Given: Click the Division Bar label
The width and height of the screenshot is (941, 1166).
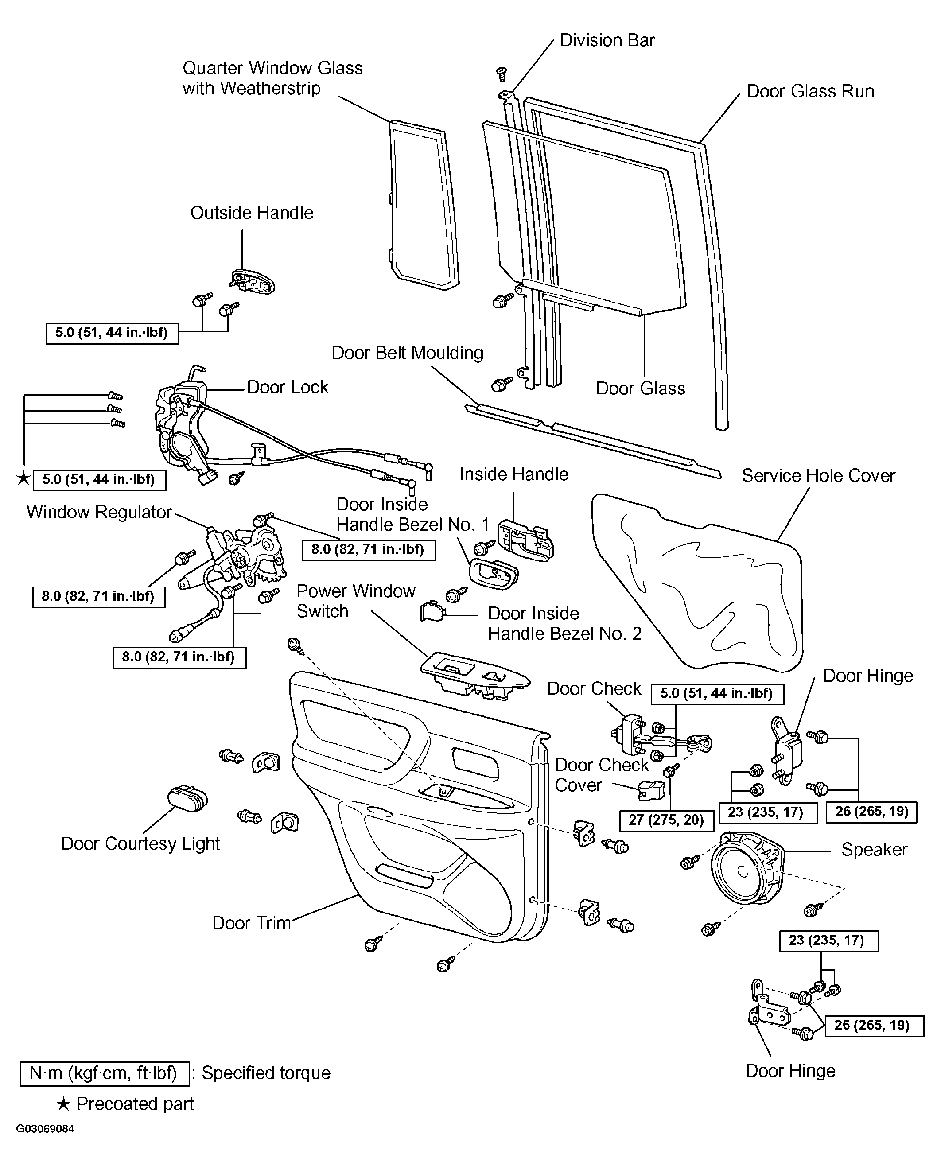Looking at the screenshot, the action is coord(607,40).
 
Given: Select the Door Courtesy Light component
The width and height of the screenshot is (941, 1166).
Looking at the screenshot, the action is coord(187,798).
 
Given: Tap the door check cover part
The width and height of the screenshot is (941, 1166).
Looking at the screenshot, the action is coord(651,790).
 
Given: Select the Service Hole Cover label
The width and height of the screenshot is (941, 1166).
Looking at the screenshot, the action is coord(818,475).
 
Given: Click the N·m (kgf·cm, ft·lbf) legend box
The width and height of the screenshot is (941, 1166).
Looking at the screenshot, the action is coord(105,1073).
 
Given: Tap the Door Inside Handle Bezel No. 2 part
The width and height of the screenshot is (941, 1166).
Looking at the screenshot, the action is coord(432,611).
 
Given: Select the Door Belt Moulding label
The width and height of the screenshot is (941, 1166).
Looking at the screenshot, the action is coord(407,353).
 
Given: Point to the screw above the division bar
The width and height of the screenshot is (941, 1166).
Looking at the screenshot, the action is coord(502,74).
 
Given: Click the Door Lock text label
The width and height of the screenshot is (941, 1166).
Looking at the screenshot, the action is coord(287,387).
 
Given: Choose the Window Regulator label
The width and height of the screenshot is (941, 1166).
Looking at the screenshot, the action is coord(99,512).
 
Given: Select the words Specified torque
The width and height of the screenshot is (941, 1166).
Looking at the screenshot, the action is coord(266,1073).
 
